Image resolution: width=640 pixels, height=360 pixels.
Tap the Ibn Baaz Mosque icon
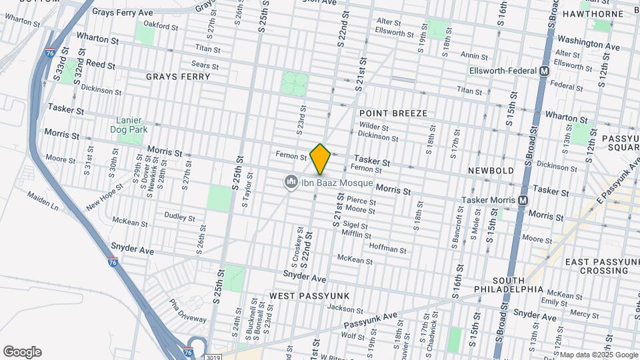pyautogui.click(x=291, y=181)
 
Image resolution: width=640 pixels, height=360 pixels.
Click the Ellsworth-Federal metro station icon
pyautogui.click(x=545, y=70)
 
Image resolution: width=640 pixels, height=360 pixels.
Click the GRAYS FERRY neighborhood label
pyautogui.click(x=179, y=77)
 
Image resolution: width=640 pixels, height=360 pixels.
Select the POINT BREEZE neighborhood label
pyautogui.click(x=393, y=113)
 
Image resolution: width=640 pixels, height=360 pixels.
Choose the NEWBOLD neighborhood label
pyautogui.click(x=491, y=171)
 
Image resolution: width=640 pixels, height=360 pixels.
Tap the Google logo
pyautogui.click(x=22, y=351)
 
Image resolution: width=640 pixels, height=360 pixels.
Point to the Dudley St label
pyautogui.click(x=179, y=217)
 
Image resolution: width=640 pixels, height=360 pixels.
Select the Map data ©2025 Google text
pyautogui.click(x=599, y=355)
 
